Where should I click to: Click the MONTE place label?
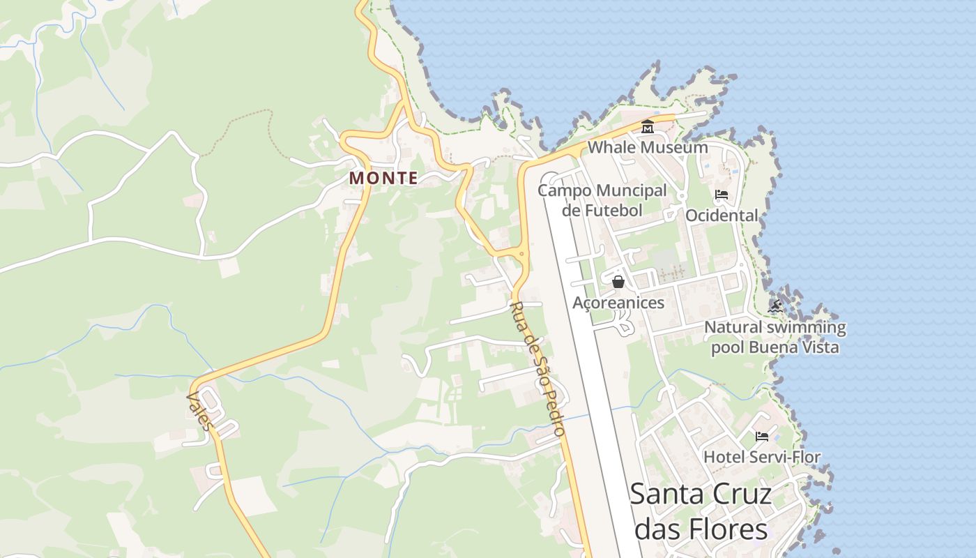coord(383,178)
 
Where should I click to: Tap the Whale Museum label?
coord(648,147)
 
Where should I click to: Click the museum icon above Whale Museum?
coord(648,128)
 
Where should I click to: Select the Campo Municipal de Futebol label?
coord(602,200)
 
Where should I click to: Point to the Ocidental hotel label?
coord(722,215)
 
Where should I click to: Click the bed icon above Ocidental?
coord(722,195)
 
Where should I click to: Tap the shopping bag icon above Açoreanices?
coord(618,282)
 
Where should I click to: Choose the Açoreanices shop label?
coord(618,302)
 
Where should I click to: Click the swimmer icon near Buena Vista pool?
coord(775,306)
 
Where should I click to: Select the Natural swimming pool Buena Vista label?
coord(775,337)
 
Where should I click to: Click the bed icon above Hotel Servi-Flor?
coord(762,437)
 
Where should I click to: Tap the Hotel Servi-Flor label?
coord(762,457)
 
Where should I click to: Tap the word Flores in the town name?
coord(730,529)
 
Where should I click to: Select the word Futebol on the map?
coord(613,210)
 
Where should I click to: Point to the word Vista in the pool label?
coord(816,347)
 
